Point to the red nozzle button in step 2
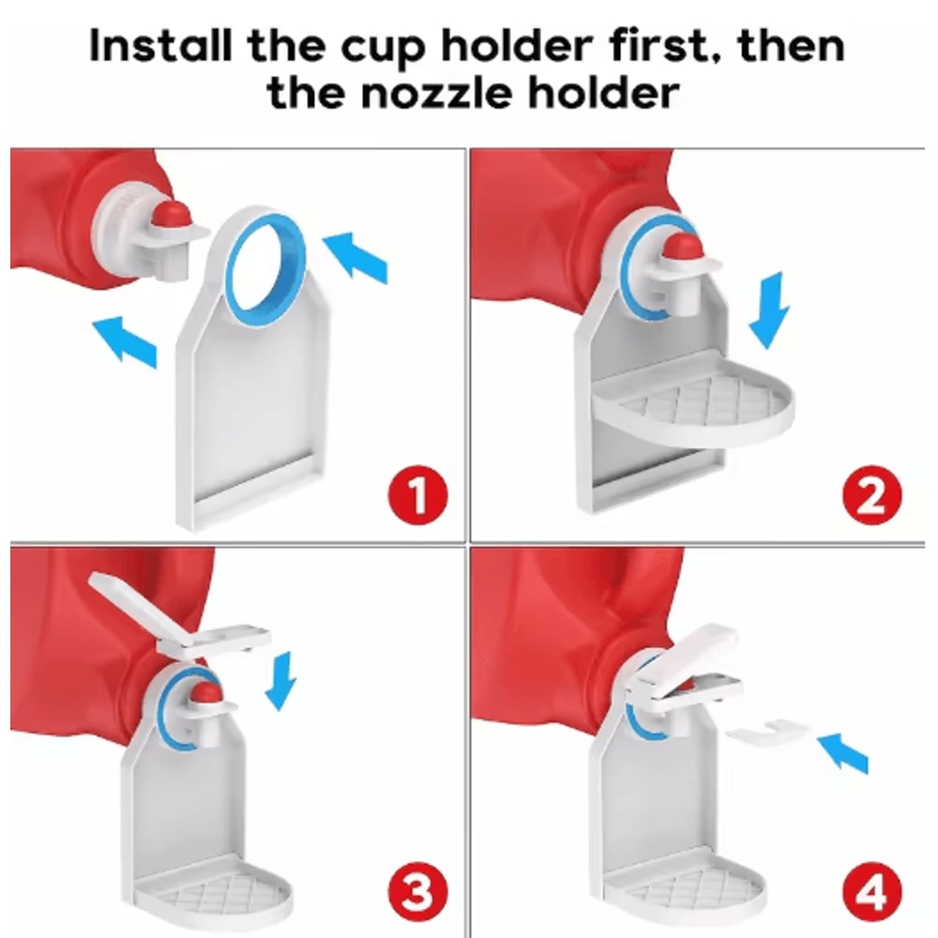[x=681, y=247]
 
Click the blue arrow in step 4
[x=847, y=753]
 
